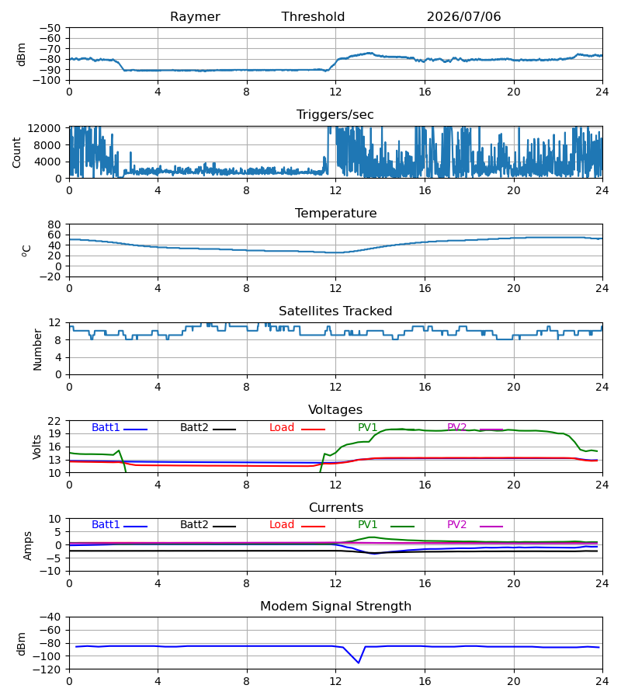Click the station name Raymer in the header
tap(195, 17)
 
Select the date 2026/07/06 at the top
tap(463, 17)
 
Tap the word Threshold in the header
tap(313, 17)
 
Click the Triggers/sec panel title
tap(335, 115)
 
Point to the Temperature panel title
tap(335, 213)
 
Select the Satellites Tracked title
tap(335, 311)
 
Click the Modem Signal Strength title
tap(335, 607)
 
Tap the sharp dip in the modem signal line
tap(359, 662)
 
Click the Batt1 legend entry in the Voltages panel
tap(120, 427)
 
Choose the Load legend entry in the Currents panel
tap(297, 525)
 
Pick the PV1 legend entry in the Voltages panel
tap(367, 427)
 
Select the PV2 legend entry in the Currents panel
tap(475, 525)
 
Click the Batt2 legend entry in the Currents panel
tap(208, 525)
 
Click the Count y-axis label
tap(16, 152)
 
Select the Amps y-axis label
tap(28, 546)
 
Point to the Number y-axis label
tap(37, 350)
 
